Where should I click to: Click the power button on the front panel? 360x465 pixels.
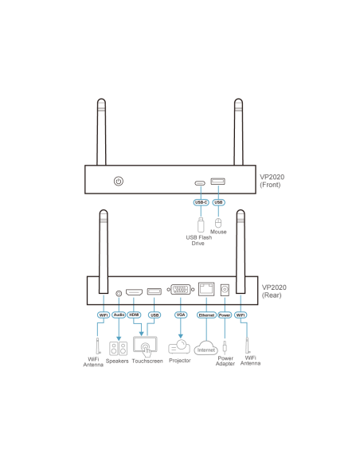pyautogui.click(x=119, y=182)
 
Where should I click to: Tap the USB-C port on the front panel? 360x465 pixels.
pyautogui.click(x=200, y=183)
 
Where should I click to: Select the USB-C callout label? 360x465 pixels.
pyautogui.click(x=201, y=202)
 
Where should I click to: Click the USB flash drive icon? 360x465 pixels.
pyautogui.click(x=201, y=225)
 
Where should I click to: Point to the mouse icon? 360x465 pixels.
pyautogui.click(x=218, y=223)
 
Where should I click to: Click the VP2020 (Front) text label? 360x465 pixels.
pyautogui.click(x=272, y=181)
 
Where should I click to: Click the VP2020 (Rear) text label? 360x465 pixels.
pyautogui.click(x=274, y=291)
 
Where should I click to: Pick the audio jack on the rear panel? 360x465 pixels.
pyautogui.click(x=119, y=294)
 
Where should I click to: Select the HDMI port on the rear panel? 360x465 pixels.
pyautogui.click(x=134, y=292)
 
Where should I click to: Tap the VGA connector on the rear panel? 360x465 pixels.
pyautogui.click(x=181, y=290)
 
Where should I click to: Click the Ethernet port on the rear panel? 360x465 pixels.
pyautogui.click(x=206, y=289)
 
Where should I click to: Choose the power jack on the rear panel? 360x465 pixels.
pyautogui.click(x=225, y=290)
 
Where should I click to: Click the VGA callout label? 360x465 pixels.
pyautogui.click(x=181, y=315)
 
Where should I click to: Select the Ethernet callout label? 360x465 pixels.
pyautogui.click(x=206, y=315)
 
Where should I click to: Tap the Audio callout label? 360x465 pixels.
pyautogui.click(x=119, y=315)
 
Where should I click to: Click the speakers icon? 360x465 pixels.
pyautogui.click(x=118, y=349)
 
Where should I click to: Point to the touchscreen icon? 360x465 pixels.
pyautogui.click(x=145, y=346)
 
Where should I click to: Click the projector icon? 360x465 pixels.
pyautogui.click(x=179, y=346)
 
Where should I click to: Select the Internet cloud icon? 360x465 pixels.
pyautogui.click(x=205, y=348)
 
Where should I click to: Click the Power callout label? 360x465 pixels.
pyautogui.click(x=225, y=315)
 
